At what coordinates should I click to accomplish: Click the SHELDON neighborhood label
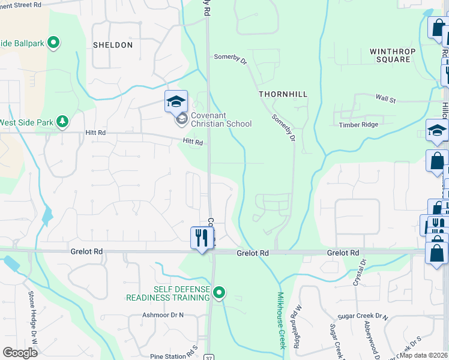pyautogui.click(x=113, y=45)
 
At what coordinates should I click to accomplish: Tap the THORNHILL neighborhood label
pyautogui.click(x=283, y=94)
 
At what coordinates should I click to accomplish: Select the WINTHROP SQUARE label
pyautogui.click(x=393, y=55)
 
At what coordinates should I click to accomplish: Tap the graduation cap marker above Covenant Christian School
pyautogui.click(x=176, y=101)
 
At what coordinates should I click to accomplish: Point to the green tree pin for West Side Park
pyautogui.click(x=62, y=122)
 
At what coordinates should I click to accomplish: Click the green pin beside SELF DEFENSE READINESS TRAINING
pyautogui.click(x=220, y=293)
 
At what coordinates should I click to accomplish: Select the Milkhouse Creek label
pyautogui.click(x=281, y=321)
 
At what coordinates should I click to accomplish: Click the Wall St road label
pyautogui.click(x=385, y=99)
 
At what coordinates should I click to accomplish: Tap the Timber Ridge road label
pyautogui.click(x=358, y=125)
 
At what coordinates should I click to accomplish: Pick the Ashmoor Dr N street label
pyautogui.click(x=163, y=315)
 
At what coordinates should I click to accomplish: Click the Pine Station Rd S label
pyautogui.click(x=174, y=356)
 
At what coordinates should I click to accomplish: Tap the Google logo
pyautogui.click(x=20, y=352)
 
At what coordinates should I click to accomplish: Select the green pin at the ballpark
pyautogui.click(x=53, y=42)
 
